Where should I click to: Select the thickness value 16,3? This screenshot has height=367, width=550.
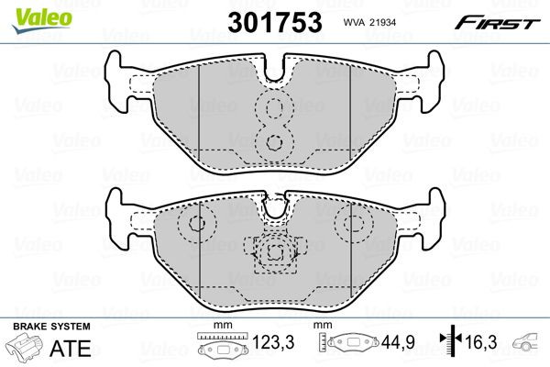(x=484, y=346)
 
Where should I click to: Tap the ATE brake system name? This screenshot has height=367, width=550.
(x=61, y=349)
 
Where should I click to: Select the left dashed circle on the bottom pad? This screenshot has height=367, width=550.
(x=195, y=223)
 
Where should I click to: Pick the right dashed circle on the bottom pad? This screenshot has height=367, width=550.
(x=351, y=223)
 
